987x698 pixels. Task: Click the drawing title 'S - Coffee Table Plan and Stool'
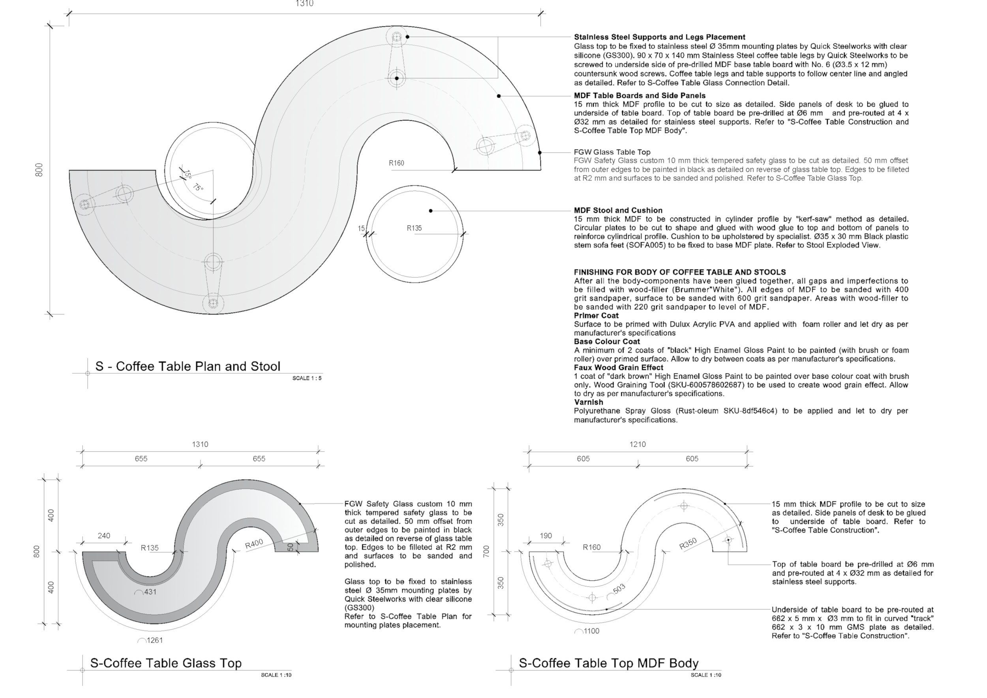point(188,367)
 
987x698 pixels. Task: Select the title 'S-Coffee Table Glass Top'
point(165,663)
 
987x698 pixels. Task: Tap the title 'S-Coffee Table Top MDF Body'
point(609,663)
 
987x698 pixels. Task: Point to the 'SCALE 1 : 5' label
point(307,378)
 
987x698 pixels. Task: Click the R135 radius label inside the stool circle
point(415,228)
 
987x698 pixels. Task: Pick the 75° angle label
point(198,188)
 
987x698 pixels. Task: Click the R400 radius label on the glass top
point(254,544)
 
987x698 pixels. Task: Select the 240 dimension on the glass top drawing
point(104,536)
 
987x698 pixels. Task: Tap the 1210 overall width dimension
point(638,444)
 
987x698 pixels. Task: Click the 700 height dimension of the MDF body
point(486,552)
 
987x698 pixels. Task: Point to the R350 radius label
point(688,544)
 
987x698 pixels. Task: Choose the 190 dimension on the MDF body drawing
point(546,536)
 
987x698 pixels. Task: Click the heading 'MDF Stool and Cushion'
point(618,210)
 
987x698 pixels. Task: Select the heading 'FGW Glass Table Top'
point(612,152)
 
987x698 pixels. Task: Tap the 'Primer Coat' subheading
point(596,315)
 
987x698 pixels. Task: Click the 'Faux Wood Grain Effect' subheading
point(619,367)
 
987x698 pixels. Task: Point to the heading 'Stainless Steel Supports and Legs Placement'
point(660,37)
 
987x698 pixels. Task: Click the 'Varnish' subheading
point(589,402)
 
